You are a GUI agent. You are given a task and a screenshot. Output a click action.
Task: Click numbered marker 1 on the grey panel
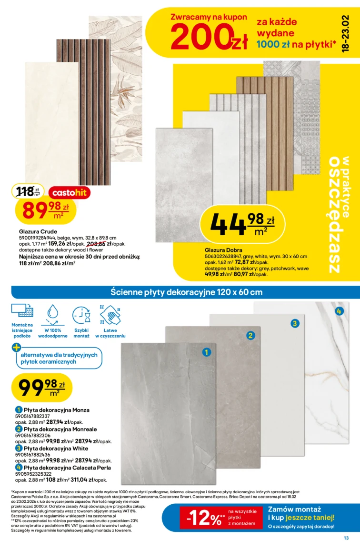tap(206, 352)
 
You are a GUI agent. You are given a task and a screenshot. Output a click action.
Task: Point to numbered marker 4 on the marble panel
tap(339, 311)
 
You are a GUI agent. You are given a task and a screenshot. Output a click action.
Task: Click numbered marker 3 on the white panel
tap(295, 324)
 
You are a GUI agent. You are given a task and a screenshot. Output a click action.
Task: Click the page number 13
tap(346, 539)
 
